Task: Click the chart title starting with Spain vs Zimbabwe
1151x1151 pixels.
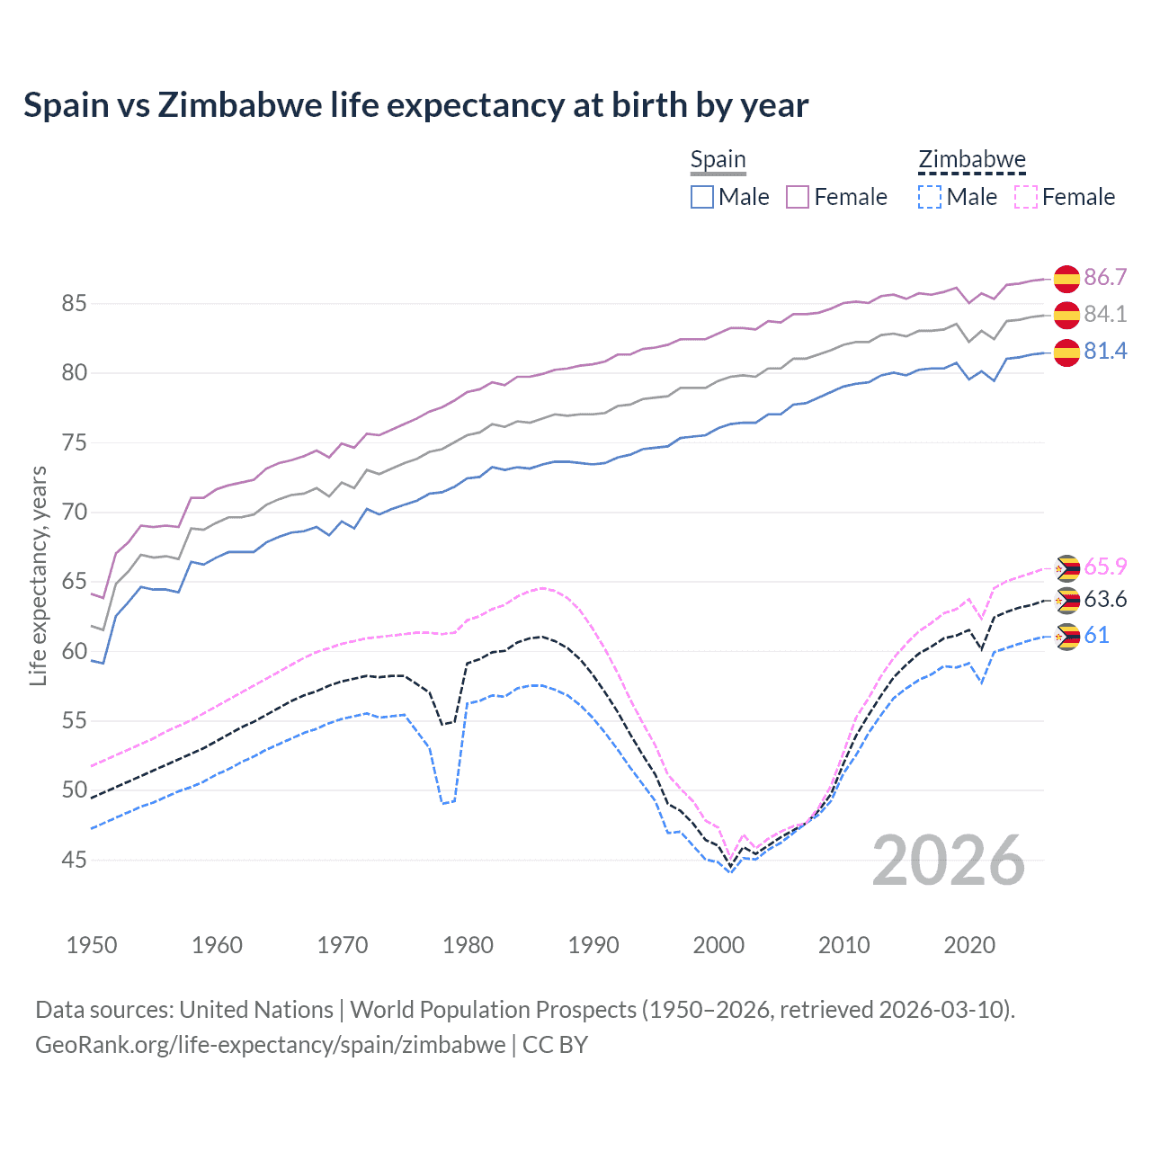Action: [415, 105]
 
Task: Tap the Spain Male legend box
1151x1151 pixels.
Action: [702, 197]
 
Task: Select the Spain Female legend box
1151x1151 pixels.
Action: [798, 197]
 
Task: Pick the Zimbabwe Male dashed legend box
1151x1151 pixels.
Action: [930, 197]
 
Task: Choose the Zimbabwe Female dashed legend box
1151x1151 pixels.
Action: [1026, 197]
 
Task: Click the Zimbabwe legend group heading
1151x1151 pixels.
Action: [971, 160]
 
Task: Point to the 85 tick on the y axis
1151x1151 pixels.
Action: [74, 304]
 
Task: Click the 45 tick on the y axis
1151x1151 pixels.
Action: [74, 861]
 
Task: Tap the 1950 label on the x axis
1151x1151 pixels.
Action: [92, 945]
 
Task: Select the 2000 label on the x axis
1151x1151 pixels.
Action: [718, 945]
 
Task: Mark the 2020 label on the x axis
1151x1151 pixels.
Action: [969, 945]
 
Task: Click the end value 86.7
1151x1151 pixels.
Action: [1105, 277]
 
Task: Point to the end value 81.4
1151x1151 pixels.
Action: [1105, 351]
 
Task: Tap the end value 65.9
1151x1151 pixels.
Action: [1105, 567]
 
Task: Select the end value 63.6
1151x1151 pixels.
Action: [1105, 600]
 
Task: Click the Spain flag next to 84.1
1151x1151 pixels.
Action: [1066, 315]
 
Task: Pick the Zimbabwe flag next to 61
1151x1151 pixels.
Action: [1066, 637]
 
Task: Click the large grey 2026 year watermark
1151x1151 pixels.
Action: [949, 861]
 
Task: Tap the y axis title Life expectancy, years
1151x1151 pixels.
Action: [39, 575]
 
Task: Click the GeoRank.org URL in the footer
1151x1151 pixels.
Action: [270, 1045]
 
